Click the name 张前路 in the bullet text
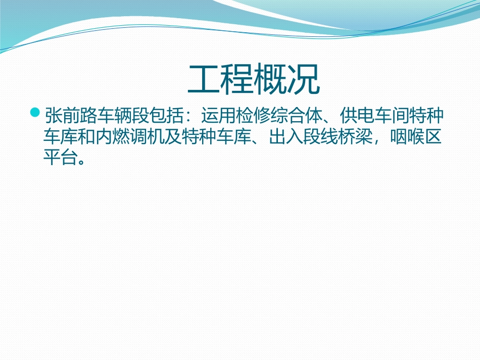[69, 116]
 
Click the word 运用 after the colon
[218, 116]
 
